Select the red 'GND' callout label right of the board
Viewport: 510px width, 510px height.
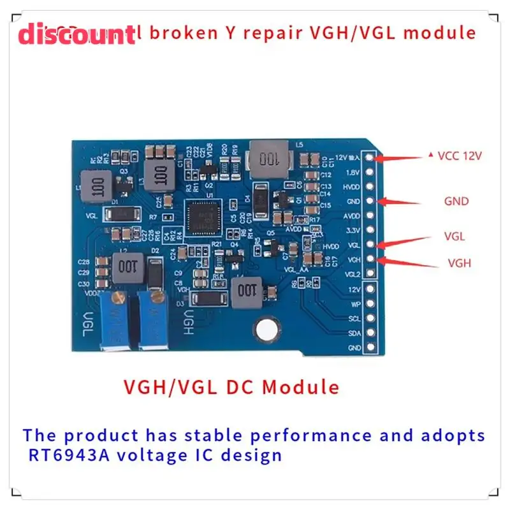(456, 201)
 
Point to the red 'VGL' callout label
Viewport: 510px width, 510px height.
(455, 236)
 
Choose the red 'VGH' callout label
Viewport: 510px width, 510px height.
(459, 262)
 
